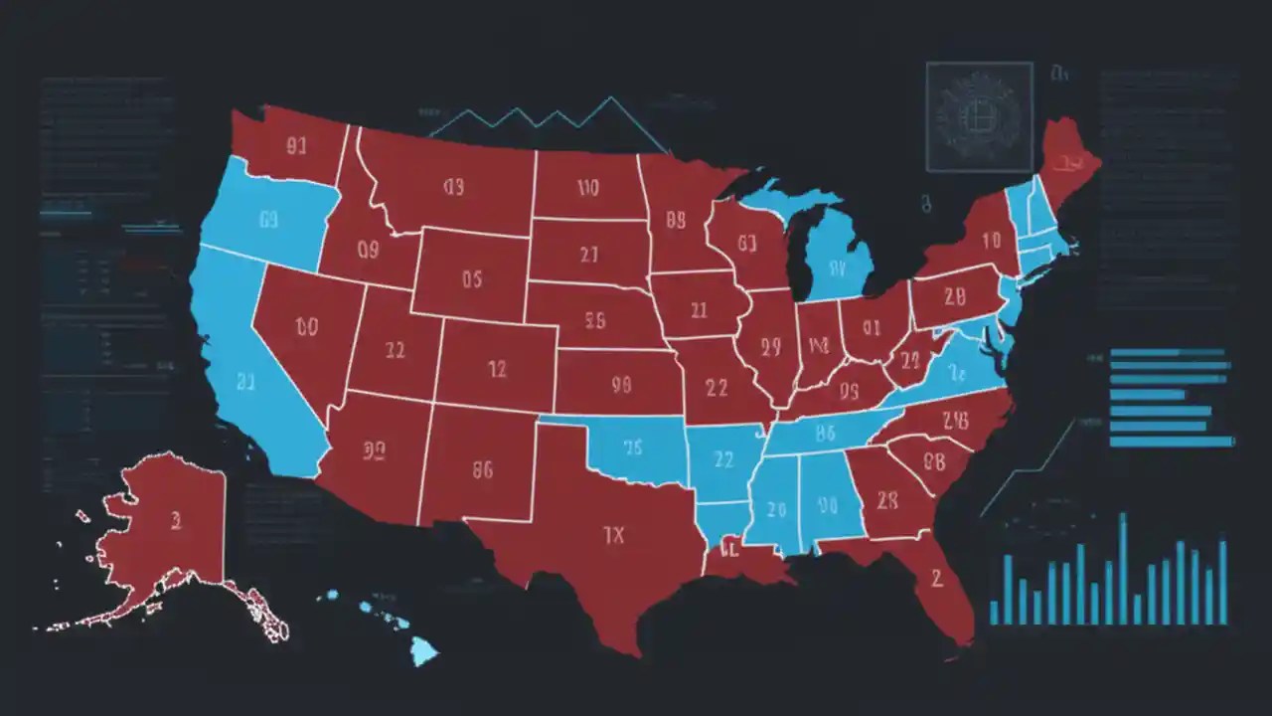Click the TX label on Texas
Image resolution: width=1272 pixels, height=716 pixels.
coord(614,535)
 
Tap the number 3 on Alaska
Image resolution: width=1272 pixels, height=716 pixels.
coord(176,519)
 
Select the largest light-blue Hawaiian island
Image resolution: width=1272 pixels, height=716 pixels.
coord(424,651)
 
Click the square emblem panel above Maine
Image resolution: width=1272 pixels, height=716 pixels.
coord(979,116)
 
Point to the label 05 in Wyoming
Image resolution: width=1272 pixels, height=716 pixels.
coord(471,279)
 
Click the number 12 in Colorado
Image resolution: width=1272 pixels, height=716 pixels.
coord(498,369)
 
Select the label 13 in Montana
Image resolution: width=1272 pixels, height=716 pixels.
coord(454,186)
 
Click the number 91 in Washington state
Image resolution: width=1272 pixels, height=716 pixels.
coord(296,147)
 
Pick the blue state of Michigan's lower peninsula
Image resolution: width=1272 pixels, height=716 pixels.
coord(838,264)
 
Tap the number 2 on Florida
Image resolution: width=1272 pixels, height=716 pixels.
coord(935,578)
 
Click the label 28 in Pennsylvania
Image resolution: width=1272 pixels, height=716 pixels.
coord(955,295)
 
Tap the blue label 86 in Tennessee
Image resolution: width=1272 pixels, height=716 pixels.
coord(824,433)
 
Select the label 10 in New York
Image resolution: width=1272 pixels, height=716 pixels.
coord(991,240)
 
